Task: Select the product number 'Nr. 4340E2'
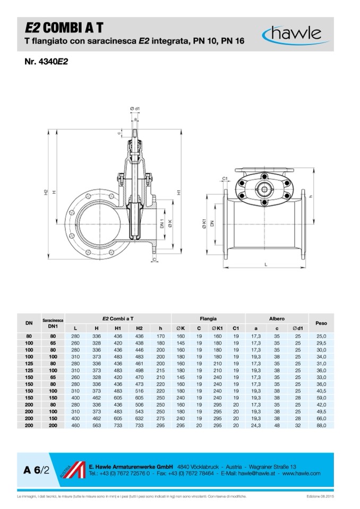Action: [46, 62]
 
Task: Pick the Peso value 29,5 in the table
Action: [321, 344]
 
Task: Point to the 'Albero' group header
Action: [277, 319]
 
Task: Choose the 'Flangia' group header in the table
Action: [208, 319]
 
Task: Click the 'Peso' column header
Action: [321, 323]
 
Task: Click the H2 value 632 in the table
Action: [140, 418]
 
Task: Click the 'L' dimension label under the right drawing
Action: [265, 264]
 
